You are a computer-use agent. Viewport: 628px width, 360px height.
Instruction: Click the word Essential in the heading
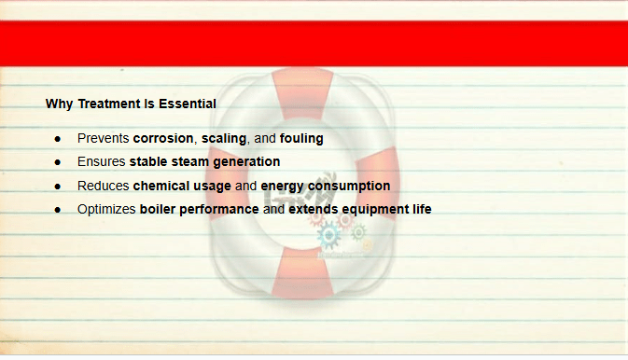pyautogui.click(x=188, y=104)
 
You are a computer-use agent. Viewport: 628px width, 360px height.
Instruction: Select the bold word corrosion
pyautogui.click(x=163, y=139)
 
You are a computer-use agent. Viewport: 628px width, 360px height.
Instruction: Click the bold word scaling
pyautogui.click(x=224, y=139)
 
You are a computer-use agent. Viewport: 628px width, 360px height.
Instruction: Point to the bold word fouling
pyautogui.click(x=301, y=139)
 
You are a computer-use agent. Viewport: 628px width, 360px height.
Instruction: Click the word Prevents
pyautogui.click(x=103, y=139)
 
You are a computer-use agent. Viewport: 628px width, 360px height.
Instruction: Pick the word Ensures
pyautogui.click(x=102, y=161)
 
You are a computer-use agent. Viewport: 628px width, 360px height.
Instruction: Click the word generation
pyautogui.click(x=246, y=162)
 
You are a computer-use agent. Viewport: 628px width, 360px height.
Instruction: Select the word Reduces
pyautogui.click(x=103, y=186)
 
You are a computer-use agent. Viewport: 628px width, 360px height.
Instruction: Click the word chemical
pyautogui.click(x=161, y=186)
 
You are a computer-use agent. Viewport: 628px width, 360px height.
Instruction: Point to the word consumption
pyautogui.click(x=349, y=187)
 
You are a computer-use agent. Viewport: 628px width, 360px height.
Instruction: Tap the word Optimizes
pyautogui.click(x=106, y=209)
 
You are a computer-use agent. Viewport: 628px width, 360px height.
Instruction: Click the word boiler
pyautogui.click(x=158, y=209)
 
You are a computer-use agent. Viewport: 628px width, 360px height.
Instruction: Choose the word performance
pyautogui.click(x=219, y=210)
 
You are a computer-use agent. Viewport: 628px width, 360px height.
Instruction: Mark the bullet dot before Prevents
pyautogui.click(x=58, y=139)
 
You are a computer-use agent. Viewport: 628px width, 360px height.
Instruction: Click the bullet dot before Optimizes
pyautogui.click(x=58, y=210)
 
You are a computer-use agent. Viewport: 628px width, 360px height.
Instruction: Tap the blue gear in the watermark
pyautogui.click(x=328, y=235)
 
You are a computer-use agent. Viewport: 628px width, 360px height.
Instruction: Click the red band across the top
pyautogui.click(x=314, y=43)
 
